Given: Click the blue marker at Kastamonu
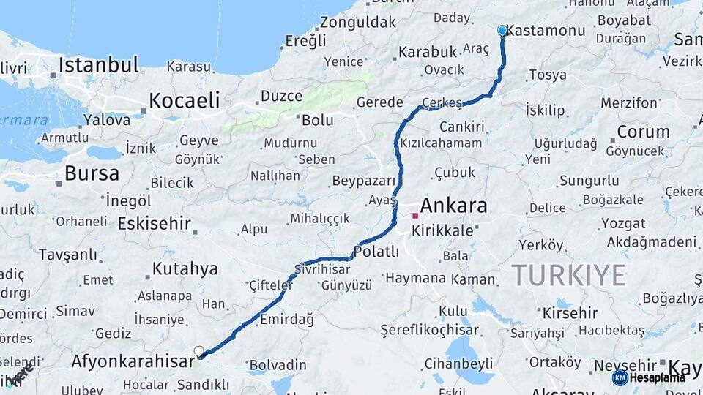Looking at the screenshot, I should (x=502, y=31).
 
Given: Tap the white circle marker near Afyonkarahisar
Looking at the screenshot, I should (x=198, y=352).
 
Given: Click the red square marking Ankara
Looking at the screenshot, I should (x=415, y=216).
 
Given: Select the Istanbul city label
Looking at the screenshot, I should (x=98, y=65).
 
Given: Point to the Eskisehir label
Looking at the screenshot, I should (x=154, y=223).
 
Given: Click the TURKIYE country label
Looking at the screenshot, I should (x=568, y=275).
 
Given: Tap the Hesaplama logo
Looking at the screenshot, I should (x=650, y=377).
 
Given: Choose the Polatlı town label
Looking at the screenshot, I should (x=376, y=252).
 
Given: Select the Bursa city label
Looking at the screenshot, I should (x=92, y=173).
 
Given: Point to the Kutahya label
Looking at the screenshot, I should (x=185, y=268).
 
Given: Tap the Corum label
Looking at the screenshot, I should (x=643, y=132).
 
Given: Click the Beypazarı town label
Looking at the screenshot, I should (x=363, y=181).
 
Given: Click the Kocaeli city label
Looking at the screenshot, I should (x=185, y=100).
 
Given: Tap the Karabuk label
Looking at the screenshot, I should (x=427, y=53).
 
